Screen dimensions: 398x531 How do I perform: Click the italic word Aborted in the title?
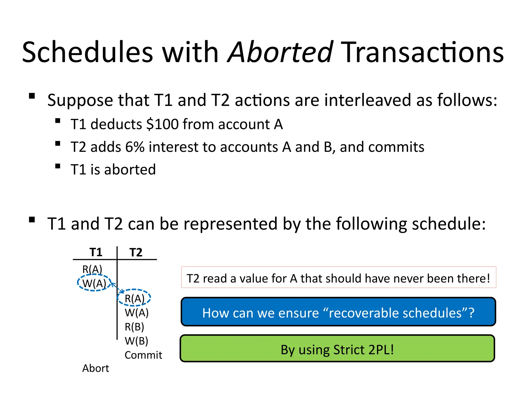tap(280, 53)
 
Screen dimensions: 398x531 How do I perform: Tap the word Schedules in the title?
tap(88, 53)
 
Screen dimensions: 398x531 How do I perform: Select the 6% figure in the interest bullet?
tap(135, 147)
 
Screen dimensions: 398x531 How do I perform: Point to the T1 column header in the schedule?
tap(96, 252)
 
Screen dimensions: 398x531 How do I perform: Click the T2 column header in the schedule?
tap(136, 252)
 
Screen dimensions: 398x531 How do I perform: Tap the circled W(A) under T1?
tap(94, 283)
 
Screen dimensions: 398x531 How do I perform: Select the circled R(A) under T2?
tap(134, 298)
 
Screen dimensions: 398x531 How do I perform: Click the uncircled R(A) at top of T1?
tap(92, 269)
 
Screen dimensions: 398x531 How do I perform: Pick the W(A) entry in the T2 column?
tap(137, 312)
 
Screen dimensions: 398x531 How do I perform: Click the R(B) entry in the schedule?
tap(134, 327)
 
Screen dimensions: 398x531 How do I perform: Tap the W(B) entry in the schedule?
tap(136, 341)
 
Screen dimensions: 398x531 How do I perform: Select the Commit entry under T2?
tap(143, 355)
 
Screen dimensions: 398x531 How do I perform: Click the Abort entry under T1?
tap(95, 368)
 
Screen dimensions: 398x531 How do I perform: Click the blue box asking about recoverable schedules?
tap(338, 312)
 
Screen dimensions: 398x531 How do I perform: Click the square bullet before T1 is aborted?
tap(58, 166)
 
